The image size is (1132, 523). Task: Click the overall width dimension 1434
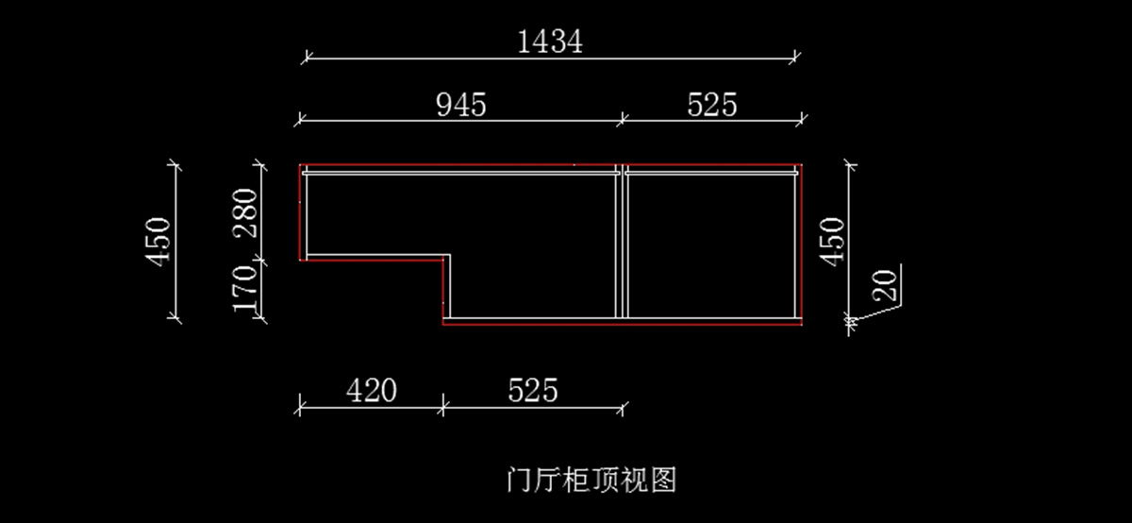point(551,42)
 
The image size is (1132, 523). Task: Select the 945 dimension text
point(461,104)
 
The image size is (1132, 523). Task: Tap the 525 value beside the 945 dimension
point(711,104)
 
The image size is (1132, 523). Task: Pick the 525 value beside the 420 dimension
point(533,390)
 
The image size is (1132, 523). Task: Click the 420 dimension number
point(371,390)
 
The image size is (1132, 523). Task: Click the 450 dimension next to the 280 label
point(158,241)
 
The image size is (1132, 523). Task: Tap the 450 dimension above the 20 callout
point(832,241)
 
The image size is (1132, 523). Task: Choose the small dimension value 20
point(887,283)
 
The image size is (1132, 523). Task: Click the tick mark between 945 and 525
point(622,119)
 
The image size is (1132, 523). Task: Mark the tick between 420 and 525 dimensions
point(442,408)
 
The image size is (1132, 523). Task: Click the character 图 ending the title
point(662,480)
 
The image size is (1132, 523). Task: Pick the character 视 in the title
point(633,480)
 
